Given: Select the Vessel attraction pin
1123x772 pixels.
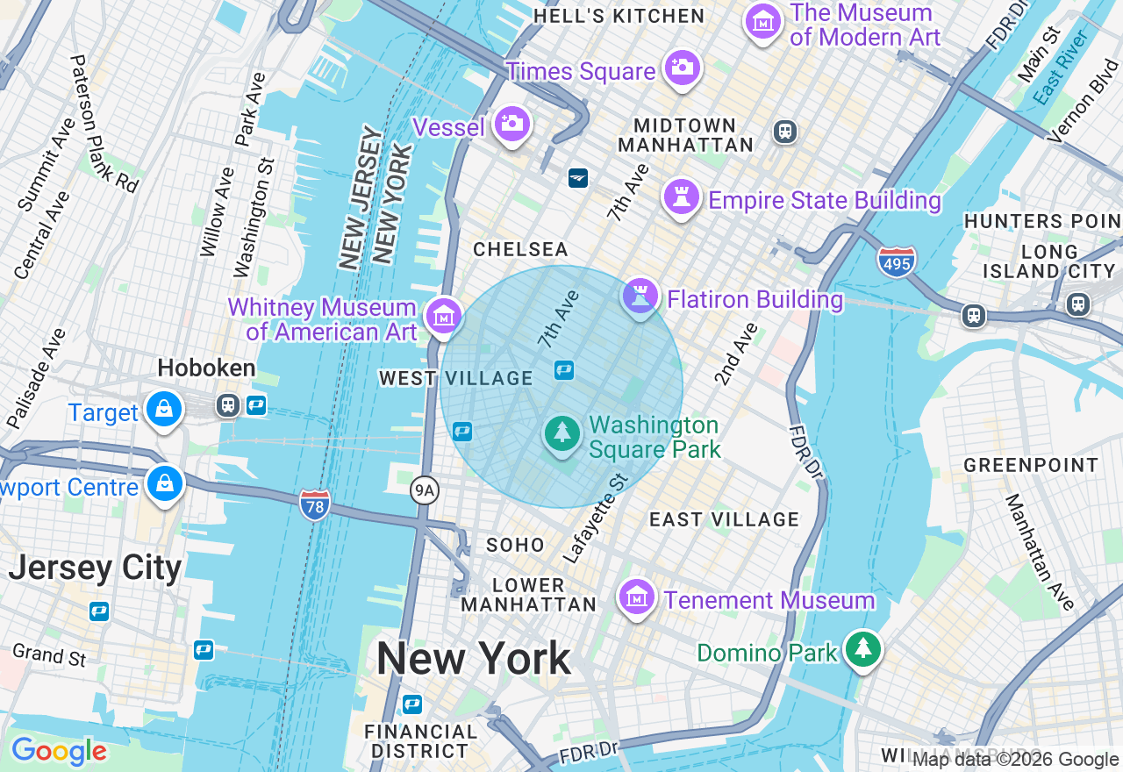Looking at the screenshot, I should point(511,124).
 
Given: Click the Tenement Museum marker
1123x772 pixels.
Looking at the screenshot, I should point(637,597).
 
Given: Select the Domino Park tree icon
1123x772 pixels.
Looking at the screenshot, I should point(863,649).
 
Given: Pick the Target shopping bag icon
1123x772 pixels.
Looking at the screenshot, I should point(163,409).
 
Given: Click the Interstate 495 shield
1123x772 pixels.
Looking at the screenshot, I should point(896,261).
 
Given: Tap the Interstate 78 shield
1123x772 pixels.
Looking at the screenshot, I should point(314,504).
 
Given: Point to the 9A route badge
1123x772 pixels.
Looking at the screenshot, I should point(425,490).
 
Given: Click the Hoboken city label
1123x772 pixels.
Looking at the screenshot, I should point(207,368).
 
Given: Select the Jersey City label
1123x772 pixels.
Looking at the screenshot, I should point(95,568).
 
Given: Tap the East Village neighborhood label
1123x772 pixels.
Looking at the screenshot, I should point(724,520).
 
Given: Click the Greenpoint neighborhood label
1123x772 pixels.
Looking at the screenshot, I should point(1030,466).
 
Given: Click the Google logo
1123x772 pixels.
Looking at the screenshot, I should point(59,752).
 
